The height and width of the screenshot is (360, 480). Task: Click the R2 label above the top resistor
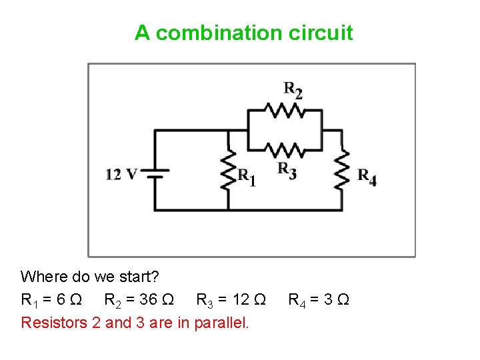pyautogui.click(x=293, y=90)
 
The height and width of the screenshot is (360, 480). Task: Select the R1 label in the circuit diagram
pyautogui.click(x=246, y=177)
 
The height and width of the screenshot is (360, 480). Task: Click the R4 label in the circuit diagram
pyautogui.click(x=367, y=177)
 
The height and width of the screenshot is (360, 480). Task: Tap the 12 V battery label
pyautogui.click(x=121, y=175)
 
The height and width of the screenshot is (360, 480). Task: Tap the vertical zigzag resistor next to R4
pyautogui.click(x=342, y=170)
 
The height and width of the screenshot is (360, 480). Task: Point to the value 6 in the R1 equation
pyautogui.click(x=61, y=299)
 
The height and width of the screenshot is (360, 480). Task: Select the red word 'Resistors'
pyautogui.click(x=49, y=323)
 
